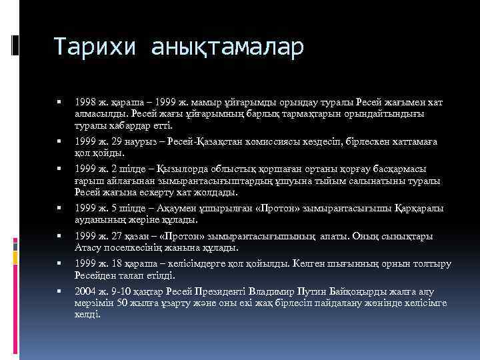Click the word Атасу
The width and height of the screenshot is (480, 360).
(x=87, y=247)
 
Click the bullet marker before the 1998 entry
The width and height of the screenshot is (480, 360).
(x=60, y=103)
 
